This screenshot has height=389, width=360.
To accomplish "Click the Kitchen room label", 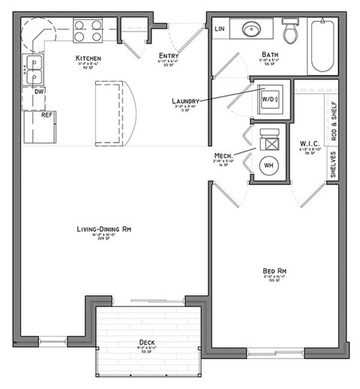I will [x=88, y=58].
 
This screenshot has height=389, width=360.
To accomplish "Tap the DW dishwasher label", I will [x=39, y=91].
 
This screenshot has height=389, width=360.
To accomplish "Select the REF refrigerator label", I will [x=46, y=115].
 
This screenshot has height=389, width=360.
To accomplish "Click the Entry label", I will [x=168, y=55].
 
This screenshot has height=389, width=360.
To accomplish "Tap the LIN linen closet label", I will [x=220, y=29].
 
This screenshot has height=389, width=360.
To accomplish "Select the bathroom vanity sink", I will [x=251, y=30].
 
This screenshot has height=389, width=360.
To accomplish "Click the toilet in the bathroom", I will [x=290, y=30].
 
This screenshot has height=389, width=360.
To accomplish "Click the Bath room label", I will [x=270, y=54].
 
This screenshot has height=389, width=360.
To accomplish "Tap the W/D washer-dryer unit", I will [x=268, y=99].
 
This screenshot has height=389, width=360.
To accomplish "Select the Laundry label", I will [x=185, y=100].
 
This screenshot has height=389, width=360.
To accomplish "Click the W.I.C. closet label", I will [x=310, y=142].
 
